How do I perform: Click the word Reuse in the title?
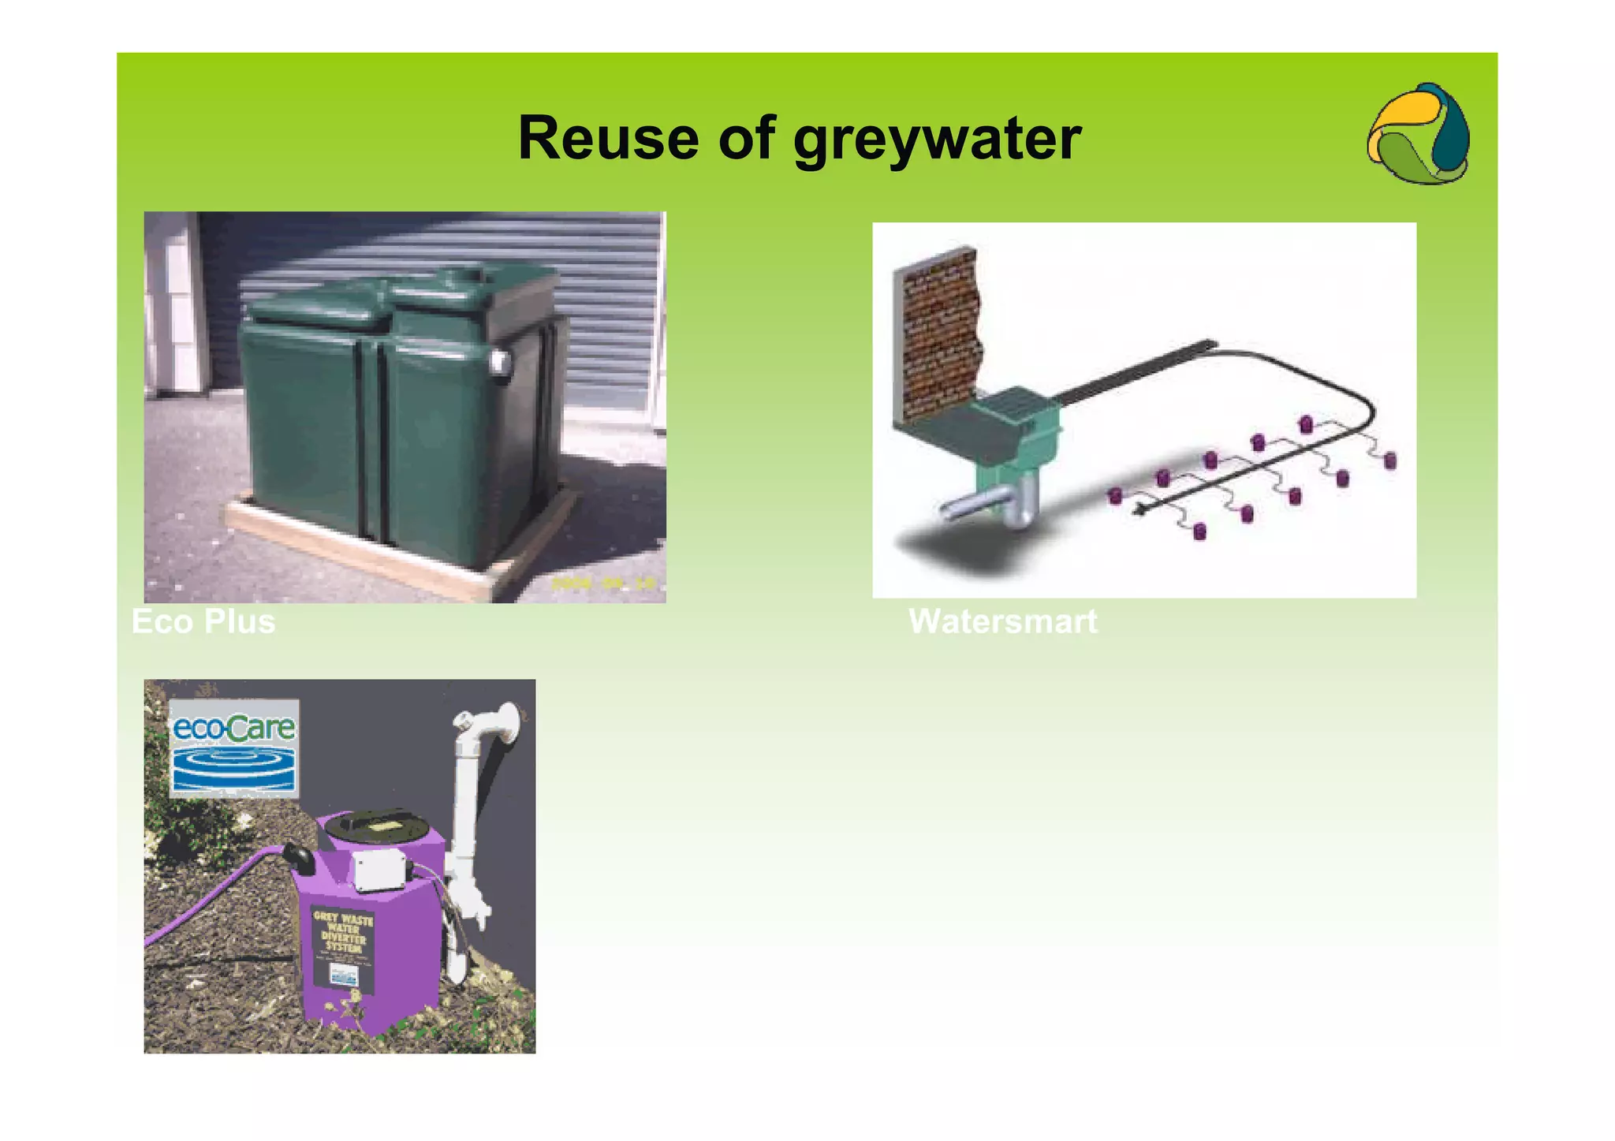coord(608,139)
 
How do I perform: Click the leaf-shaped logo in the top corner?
coord(1419,134)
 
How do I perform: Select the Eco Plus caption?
coord(203,621)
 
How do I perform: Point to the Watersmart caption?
coord(1002,621)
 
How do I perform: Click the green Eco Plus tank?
coord(394,410)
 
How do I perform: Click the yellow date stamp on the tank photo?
coord(603,584)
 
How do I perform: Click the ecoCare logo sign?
coord(234,748)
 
